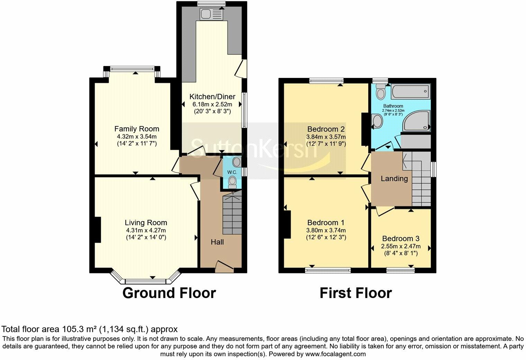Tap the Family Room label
click(x=137, y=129)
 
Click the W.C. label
click(x=232, y=172)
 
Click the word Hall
click(x=217, y=242)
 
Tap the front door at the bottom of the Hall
click(x=224, y=266)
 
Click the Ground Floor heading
click(x=169, y=293)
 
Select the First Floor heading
click(x=355, y=293)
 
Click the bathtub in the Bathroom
click(x=410, y=92)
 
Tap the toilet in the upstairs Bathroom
click(x=381, y=92)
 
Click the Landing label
click(x=394, y=179)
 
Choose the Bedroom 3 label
click(x=401, y=238)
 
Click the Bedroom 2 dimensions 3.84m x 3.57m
click(x=326, y=137)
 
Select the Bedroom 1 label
click(x=326, y=223)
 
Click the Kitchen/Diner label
click(x=212, y=97)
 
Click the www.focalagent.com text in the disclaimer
click(x=335, y=354)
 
